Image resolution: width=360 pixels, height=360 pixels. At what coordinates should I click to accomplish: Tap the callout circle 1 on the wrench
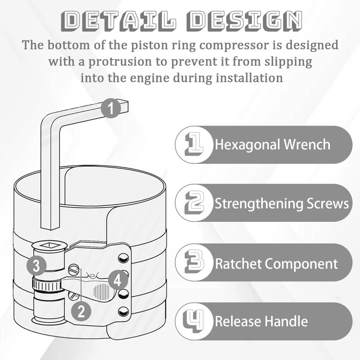111,108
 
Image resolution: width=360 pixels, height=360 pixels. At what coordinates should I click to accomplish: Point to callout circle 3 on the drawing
38,265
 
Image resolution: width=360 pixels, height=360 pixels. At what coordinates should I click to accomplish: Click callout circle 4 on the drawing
117,281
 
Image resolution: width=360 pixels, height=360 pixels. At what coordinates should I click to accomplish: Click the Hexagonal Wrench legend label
272,145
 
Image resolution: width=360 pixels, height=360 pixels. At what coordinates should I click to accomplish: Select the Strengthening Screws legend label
281,203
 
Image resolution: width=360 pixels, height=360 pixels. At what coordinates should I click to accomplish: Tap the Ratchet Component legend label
276,263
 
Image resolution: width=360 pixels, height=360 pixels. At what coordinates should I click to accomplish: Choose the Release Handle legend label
261,321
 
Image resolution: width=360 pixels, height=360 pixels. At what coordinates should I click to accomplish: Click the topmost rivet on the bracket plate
121,258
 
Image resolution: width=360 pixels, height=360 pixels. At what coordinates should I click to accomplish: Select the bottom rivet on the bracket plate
121,311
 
